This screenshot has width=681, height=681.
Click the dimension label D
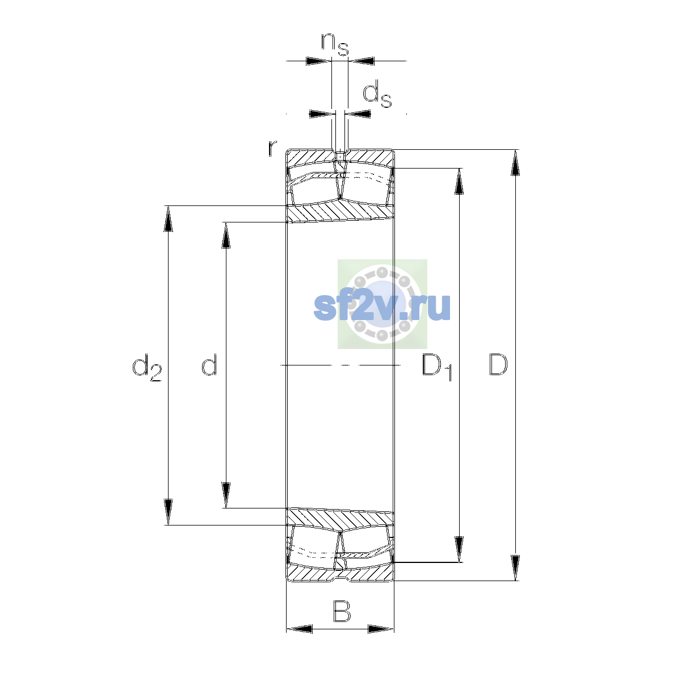(x=498, y=364)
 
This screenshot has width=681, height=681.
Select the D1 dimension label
(x=437, y=368)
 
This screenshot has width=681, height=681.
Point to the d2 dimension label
(x=146, y=368)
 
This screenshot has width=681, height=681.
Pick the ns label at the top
(x=335, y=44)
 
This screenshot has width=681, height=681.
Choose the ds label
(x=377, y=94)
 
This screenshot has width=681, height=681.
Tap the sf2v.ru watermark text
(x=382, y=307)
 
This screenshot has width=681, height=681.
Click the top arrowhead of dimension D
(x=515, y=162)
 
